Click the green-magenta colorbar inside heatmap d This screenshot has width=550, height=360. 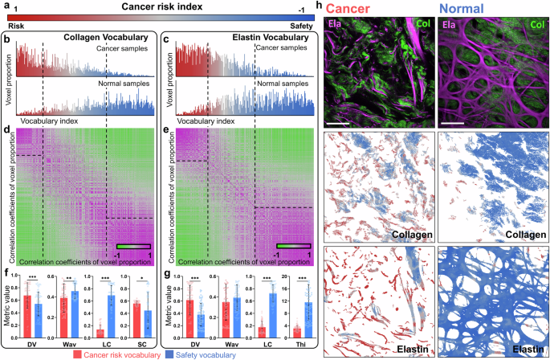133,245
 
